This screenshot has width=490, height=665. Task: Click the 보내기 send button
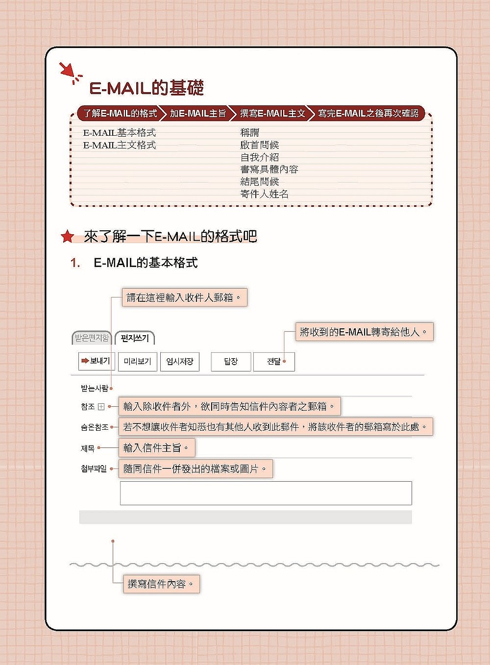[x=97, y=361]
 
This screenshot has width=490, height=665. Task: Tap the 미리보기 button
[x=137, y=362]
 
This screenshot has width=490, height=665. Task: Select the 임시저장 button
[x=180, y=362]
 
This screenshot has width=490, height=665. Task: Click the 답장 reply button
[x=231, y=362]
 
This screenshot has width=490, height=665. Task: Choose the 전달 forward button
[x=274, y=362]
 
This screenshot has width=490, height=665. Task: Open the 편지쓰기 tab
[x=135, y=338]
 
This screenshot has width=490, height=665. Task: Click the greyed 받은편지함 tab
[x=92, y=338]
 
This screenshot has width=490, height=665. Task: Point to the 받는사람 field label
[x=94, y=388]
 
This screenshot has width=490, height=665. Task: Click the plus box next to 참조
[x=101, y=406]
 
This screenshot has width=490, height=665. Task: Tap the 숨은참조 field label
[x=94, y=427]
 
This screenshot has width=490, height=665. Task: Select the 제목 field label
[x=88, y=448]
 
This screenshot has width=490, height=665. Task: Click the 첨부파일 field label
[x=94, y=469]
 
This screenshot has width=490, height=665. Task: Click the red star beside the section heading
[x=67, y=237]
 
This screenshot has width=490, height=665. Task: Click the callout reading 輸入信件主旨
[x=156, y=448]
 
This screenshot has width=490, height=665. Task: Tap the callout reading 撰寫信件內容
[x=161, y=584]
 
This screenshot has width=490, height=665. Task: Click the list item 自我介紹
[x=259, y=157]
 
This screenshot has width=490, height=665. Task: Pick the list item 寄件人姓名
[x=264, y=194]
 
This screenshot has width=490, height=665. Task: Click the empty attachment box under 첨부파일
[x=266, y=493]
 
